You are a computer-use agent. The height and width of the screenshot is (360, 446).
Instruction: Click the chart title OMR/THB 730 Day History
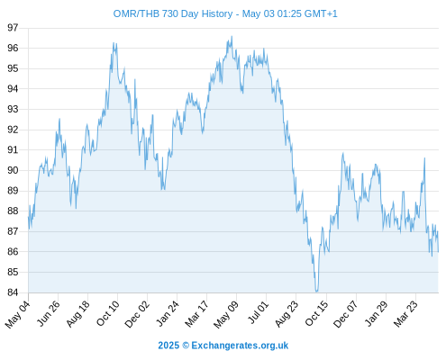173,13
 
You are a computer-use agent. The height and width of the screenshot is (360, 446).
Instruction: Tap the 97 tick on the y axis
13,28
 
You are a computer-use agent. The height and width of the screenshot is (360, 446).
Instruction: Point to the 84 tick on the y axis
13,292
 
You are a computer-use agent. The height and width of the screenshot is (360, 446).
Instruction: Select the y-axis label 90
13,170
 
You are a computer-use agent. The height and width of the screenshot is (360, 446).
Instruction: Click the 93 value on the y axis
13,109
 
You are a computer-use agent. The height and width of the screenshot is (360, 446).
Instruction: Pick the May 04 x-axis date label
18,314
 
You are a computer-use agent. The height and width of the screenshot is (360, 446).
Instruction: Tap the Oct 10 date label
108,313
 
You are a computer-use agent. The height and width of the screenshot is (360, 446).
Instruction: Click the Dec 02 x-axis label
137,314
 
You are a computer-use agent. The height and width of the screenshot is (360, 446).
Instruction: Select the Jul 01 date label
258,312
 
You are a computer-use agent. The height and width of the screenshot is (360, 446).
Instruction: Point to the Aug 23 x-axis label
287,314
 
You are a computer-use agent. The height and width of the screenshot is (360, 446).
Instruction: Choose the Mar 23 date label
405,314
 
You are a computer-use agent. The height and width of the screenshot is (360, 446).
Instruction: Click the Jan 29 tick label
376,314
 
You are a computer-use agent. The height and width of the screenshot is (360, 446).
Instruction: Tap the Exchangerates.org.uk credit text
240,346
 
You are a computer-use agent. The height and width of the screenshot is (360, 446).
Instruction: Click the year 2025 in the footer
168,346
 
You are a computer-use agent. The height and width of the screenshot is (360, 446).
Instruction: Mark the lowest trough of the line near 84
316,292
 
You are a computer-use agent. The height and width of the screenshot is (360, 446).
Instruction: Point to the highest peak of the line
232,36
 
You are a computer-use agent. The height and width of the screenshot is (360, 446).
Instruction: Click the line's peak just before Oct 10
114,42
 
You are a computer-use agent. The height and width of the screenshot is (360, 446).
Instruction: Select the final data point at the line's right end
438,252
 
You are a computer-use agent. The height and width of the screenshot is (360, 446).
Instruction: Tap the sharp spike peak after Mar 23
424,158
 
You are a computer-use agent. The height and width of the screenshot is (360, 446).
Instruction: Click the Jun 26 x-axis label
48,314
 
